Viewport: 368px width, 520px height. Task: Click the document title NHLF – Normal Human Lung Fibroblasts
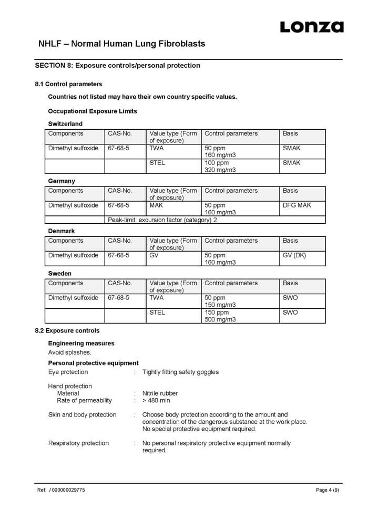tap(121, 44)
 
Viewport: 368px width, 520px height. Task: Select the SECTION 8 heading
tap(117, 66)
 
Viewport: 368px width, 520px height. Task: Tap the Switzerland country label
tap(65, 124)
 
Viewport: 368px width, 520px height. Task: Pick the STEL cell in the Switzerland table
tap(157, 163)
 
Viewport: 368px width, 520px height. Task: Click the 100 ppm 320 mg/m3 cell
tap(220, 166)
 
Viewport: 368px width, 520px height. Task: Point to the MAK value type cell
tap(156, 205)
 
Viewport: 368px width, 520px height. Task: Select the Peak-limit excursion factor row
tap(162, 220)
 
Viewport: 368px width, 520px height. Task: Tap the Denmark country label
tap(62, 231)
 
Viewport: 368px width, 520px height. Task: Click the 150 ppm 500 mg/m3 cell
tap(220, 316)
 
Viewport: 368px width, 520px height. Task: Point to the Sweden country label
tap(60, 274)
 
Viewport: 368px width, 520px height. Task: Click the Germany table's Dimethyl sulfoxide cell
tap(73, 205)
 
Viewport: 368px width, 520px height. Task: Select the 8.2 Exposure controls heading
tap(67, 331)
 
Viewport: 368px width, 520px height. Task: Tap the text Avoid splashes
tap(69, 352)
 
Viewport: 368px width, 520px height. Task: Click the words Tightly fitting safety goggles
tap(180, 372)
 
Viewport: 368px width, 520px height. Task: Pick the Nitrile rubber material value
tap(160, 393)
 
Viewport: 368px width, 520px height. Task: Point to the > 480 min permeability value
tap(156, 400)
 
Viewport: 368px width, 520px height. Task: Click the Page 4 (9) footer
tap(327, 490)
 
